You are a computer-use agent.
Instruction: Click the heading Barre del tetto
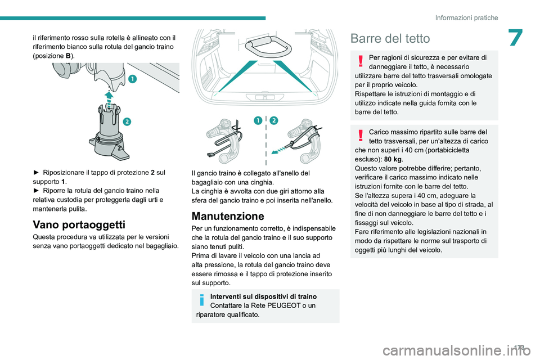coord(390,38)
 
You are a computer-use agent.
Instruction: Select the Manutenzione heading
coord(228,216)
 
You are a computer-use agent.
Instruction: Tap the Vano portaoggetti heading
coord(79,224)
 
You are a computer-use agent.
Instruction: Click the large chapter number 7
coord(516,38)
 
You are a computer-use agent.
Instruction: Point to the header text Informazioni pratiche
coord(466,17)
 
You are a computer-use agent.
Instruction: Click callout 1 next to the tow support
coord(133,79)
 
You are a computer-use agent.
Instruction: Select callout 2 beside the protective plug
coord(127,121)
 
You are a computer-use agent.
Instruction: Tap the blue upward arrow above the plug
coord(109,100)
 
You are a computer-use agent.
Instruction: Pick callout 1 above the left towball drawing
coord(258,120)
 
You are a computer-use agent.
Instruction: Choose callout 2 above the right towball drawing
coord(274,120)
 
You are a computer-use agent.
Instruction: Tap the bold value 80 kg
coord(393,159)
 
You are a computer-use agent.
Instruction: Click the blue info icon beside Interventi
coord(202,300)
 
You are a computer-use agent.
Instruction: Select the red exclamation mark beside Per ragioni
coord(361,61)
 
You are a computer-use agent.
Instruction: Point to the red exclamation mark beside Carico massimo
coord(361,136)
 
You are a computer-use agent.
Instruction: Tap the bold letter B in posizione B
coord(68,56)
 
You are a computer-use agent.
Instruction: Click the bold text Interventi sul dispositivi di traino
coord(263,296)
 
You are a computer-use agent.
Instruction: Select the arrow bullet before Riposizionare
coord(36,173)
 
